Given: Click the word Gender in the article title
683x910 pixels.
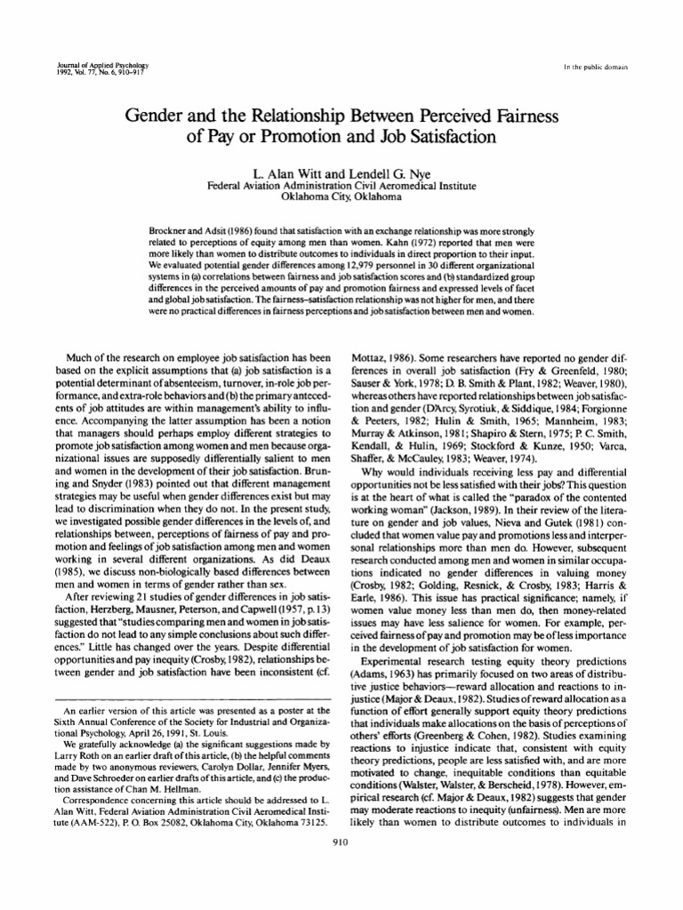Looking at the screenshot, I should (161, 117).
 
